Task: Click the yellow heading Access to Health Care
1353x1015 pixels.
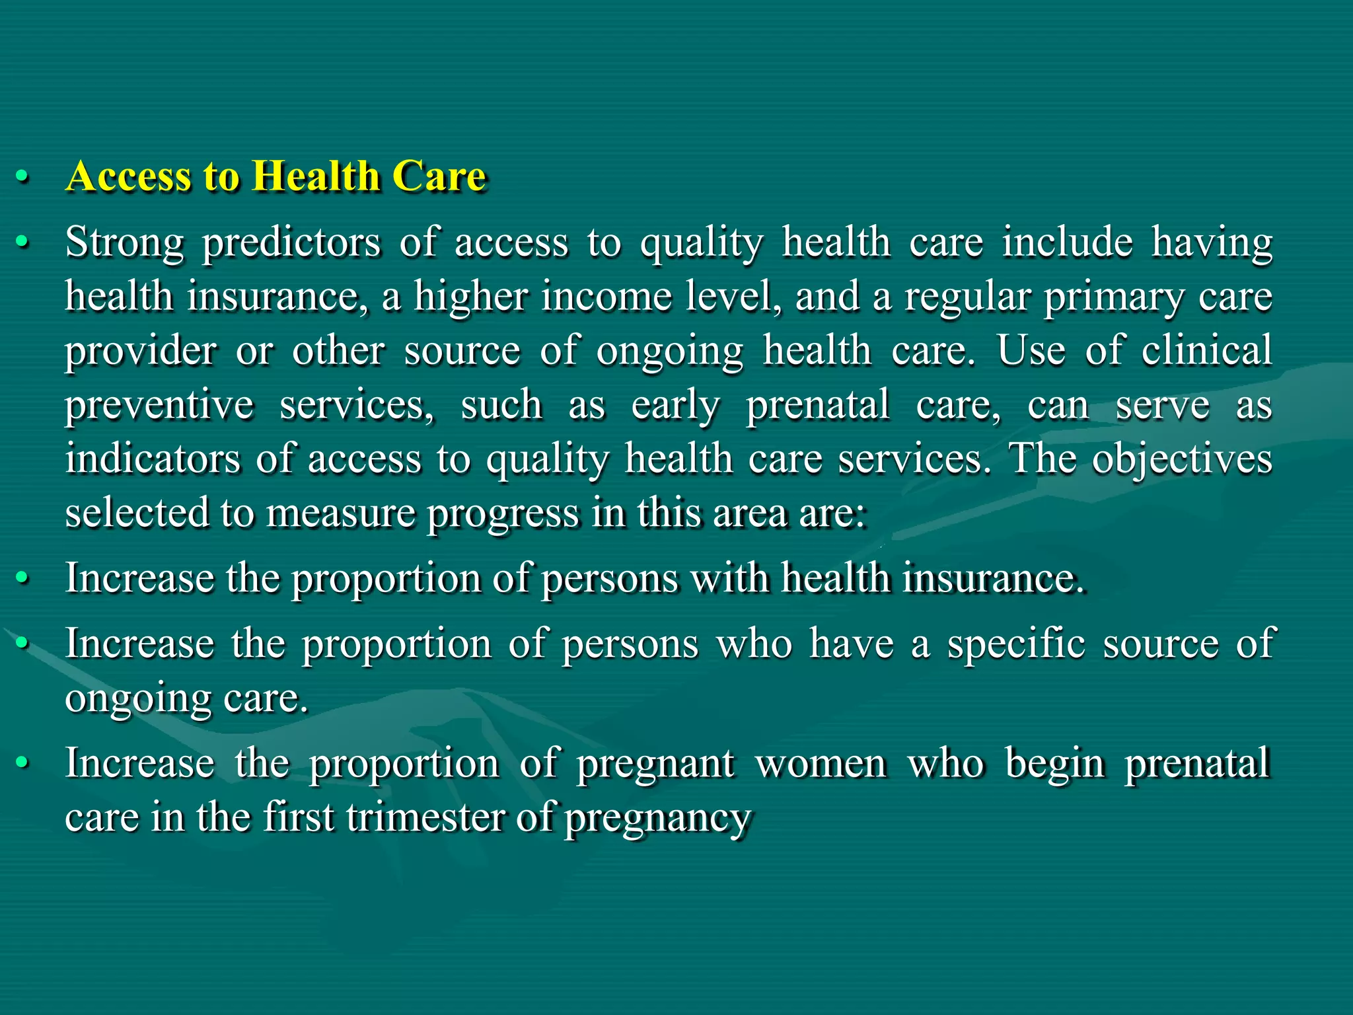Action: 276,176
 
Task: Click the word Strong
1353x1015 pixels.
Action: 124,243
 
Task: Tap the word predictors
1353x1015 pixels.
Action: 291,243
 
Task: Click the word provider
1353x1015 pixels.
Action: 140,351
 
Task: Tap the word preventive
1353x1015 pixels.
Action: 159,405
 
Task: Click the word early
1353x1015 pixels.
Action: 675,405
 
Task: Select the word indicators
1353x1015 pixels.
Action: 153,459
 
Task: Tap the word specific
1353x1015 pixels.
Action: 1016,644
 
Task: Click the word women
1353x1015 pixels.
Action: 821,763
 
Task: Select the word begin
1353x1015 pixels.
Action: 1055,763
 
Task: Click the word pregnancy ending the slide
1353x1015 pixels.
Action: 658,819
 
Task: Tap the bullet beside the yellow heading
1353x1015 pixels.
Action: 22,177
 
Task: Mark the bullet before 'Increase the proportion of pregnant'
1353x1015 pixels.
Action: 22,764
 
